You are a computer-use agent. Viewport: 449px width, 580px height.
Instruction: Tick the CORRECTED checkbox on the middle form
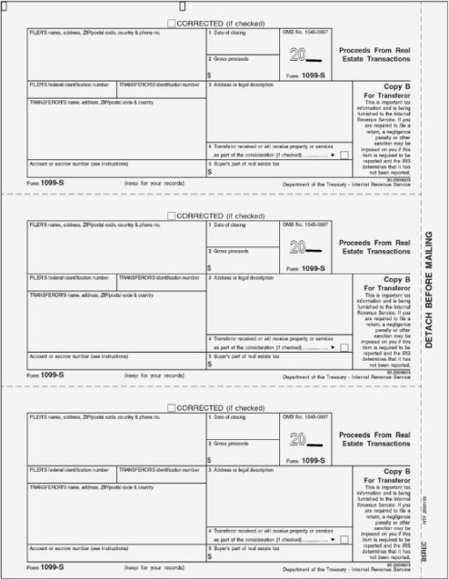point(171,215)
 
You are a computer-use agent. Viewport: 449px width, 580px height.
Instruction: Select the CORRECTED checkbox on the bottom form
point(171,407)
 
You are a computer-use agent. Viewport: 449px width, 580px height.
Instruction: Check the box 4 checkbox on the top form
point(343,154)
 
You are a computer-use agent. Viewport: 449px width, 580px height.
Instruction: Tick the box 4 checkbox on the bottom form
point(343,538)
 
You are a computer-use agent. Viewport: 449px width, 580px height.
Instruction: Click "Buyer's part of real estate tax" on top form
point(244,163)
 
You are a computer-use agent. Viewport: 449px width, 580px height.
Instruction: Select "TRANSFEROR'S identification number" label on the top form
point(159,84)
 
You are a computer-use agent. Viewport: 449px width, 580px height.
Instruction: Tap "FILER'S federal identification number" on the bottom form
point(70,469)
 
